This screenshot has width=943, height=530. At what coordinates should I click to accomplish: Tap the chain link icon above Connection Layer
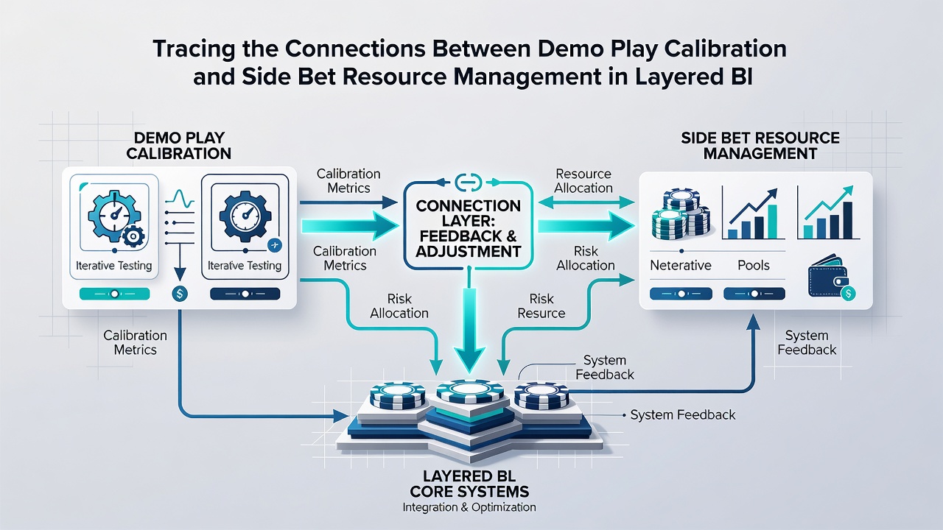[x=468, y=182]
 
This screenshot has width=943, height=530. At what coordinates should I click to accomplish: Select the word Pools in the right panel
[x=754, y=266]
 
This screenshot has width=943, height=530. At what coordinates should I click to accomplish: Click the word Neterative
[x=680, y=266]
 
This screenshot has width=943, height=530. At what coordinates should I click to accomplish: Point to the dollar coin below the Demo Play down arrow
[x=180, y=293]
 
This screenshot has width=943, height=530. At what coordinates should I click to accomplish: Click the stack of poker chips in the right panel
[x=680, y=213]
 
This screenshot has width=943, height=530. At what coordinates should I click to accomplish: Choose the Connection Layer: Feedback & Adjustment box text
[x=468, y=228]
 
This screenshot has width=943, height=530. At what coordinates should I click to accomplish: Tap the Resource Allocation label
[x=583, y=181]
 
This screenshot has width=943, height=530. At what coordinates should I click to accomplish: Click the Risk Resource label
[x=541, y=305]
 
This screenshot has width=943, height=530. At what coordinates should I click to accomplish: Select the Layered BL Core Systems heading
[x=469, y=484]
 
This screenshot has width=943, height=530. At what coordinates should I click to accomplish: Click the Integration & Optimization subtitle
[x=469, y=507]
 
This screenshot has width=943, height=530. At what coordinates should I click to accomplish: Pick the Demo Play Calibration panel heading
[x=179, y=146]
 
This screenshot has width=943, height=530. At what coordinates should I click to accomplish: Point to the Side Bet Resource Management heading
[x=760, y=146]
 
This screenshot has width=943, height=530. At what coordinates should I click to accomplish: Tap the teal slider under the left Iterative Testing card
[x=114, y=294]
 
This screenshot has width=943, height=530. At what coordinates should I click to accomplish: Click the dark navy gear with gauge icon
[x=245, y=216]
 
